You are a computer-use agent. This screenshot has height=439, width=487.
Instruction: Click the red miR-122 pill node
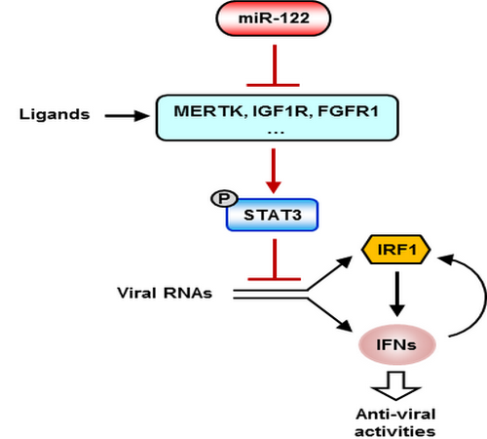click(274, 19)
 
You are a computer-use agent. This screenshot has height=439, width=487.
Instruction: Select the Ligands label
click(55, 114)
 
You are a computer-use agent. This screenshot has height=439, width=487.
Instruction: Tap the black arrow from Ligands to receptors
click(127, 115)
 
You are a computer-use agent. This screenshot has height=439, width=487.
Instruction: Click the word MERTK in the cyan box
click(208, 111)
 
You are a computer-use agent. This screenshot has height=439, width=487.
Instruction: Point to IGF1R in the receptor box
click(281, 111)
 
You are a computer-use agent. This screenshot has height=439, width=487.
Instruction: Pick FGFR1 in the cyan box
click(348, 111)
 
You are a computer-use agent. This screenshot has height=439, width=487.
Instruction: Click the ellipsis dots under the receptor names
click(276, 133)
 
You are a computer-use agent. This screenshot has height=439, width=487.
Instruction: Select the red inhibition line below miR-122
click(274, 65)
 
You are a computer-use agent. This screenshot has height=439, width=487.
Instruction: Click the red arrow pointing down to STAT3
click(274, 171)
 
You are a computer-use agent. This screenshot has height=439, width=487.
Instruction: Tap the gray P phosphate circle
click(224, 198)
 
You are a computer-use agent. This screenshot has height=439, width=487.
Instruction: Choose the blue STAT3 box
click(272, 215)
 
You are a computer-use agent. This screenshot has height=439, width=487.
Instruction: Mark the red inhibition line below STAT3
click(275, 259)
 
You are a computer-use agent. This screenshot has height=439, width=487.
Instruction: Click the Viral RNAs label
click(165, 293)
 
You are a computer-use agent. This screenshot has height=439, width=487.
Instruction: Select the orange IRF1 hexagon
click(396, 250)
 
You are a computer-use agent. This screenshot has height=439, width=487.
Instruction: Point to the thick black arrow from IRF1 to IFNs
click(396, 294)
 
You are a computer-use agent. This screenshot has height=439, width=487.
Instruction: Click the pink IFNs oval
click(396, 344)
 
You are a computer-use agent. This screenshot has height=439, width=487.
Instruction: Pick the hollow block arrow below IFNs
click(396, 386)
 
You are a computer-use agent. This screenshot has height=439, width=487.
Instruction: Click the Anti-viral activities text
click(395, 422)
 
